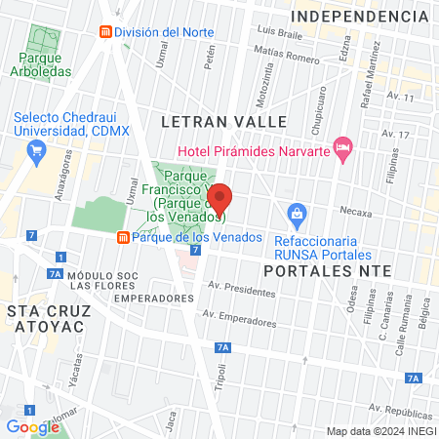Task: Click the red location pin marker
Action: coord(219,200)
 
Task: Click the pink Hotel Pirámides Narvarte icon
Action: coord(341,148)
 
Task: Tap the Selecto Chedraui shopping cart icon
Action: coord(37,149)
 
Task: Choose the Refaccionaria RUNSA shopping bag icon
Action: coord(297,212)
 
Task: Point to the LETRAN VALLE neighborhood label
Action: coord(223,122)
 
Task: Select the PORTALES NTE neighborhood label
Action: coord(328,269)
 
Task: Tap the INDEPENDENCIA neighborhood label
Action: coord(360,18)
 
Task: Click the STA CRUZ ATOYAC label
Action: coord(49,311)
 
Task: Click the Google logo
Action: coord(32,426)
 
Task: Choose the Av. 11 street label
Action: coord(401,98)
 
